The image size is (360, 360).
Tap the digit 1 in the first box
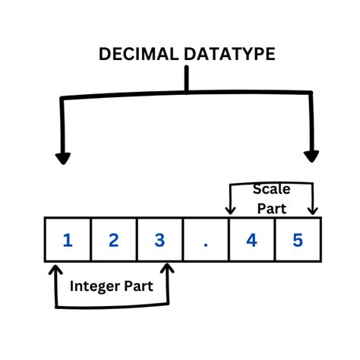coord(68,240)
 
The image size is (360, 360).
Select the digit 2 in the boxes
coord(114,240)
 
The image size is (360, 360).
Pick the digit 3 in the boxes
coord(159,240)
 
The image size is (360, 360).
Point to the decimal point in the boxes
coord(206,243)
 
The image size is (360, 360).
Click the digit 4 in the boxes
coord(251,240)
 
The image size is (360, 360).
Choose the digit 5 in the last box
coord(297,240)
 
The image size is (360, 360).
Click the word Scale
coord(271,189)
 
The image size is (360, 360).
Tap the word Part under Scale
coord(271,207)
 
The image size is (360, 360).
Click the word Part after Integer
coord(141,286)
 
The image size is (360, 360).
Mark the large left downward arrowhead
coord(63,157)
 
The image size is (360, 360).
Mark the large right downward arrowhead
coord(311,156)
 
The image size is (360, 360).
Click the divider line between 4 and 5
coord(274,240)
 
